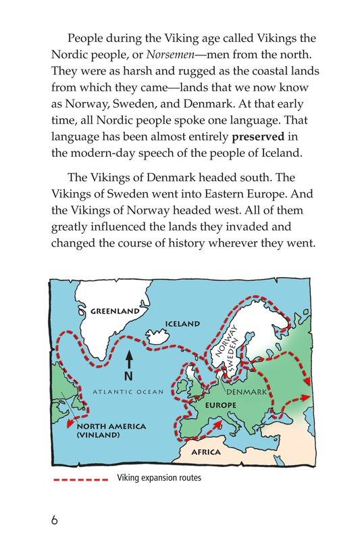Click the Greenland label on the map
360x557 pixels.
click(115, 312)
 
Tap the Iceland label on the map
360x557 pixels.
click(183, 324)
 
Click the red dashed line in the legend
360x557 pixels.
click(81, 480)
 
